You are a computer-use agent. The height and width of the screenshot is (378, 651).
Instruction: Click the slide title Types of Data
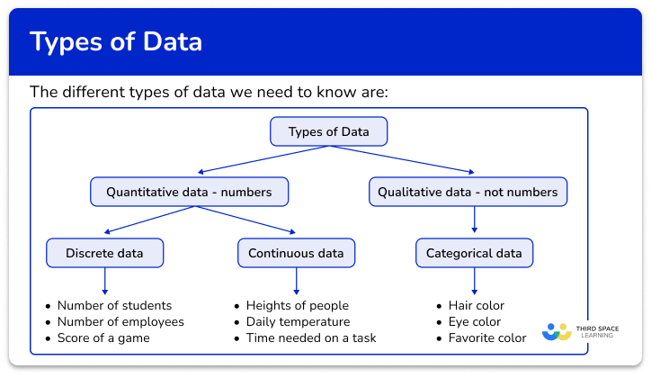pyautogui.click(x=116, y=42)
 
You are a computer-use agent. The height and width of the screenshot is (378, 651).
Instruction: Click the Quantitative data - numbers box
pyautogui.click(x=189, y=192)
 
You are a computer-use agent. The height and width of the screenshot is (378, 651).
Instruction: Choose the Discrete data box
pyautogui.click(x=105, y=254)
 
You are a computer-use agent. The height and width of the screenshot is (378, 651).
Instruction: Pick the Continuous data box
pyautogui.click(x=296, y=254)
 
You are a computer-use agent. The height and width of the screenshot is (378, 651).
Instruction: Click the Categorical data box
pyautogui.click(x=474, y=254)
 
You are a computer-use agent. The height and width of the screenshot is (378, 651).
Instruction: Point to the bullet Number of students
pyautogui.click(x=113, y=306)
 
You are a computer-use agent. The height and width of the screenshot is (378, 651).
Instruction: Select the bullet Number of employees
pyautogui.click(x=120, y=322)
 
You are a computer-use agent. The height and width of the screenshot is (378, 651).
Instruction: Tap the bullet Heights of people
pyautogui.click(x=290, y=306)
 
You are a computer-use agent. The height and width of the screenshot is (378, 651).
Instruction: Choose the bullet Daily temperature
pyautogui.click(x=290, y=322)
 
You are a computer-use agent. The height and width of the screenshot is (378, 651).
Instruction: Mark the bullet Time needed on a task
pyautogui.click(x=304, y=338)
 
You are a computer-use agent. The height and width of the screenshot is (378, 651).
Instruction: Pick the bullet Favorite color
pyautogui.click(x=486, y=338)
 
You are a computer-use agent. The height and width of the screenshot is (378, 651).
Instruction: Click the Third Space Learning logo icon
pyautogui.click(x=557, y=331)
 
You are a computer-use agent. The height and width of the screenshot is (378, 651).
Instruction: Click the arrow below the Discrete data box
pyautogui.click(x=105, y=282)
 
